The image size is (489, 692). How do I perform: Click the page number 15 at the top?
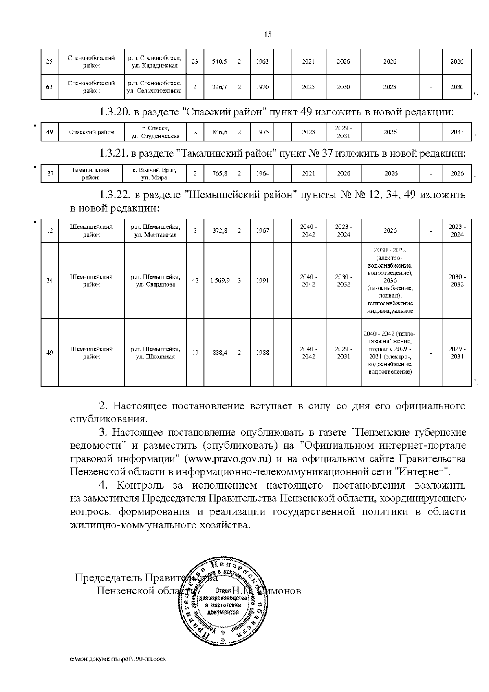268,35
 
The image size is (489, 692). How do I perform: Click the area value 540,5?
219,62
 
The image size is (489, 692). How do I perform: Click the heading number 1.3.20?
114,112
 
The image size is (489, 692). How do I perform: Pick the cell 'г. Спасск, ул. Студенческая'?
154,132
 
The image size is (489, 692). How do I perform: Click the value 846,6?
219,132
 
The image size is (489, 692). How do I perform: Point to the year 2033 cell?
457,132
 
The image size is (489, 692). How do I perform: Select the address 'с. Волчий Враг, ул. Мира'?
154,174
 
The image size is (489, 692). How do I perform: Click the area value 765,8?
219,174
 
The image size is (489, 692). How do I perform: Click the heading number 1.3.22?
114,195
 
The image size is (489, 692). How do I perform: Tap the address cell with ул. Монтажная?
155,231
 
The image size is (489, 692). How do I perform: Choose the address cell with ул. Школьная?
155,353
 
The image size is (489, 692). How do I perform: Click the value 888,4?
219,353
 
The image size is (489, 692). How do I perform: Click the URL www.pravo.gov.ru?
228,459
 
